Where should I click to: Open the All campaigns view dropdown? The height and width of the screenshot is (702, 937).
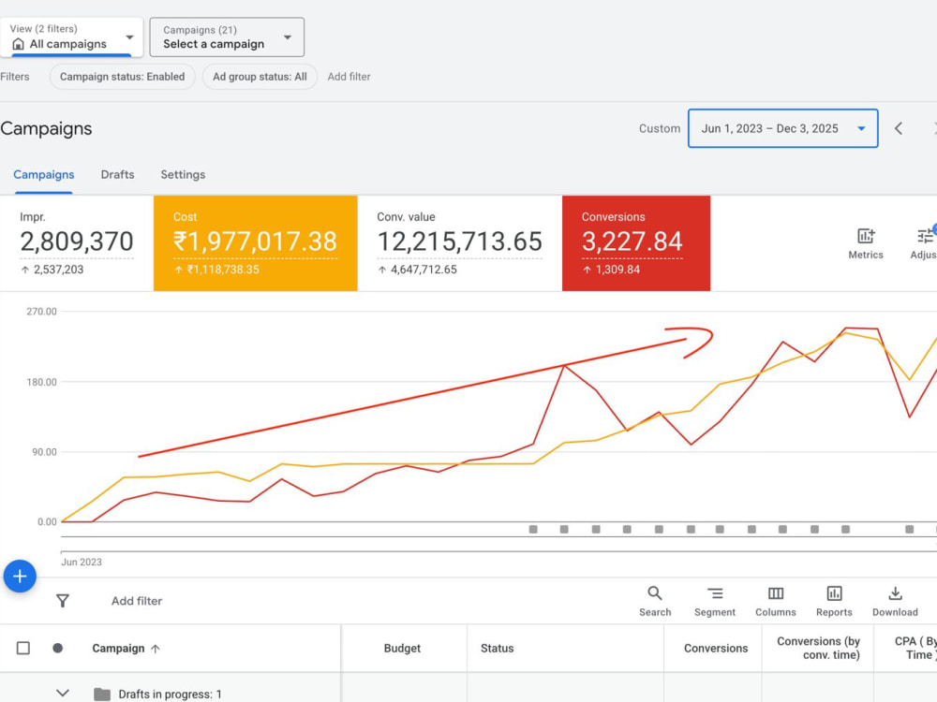[x=71, y=37]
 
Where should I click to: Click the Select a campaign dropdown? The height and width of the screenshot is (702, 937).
[x=227, y=37]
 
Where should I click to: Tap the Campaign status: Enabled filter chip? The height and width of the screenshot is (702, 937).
[x=122, y=77]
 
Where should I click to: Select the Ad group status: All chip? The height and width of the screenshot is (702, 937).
[x=260, y=77]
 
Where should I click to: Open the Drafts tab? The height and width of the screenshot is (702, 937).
[x=118, y=174]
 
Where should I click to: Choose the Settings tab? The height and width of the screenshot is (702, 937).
[x=183, y=174]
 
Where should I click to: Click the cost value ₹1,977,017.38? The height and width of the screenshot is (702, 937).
[x=255, y=241]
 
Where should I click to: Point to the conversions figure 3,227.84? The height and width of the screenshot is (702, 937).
[x=632, y=241]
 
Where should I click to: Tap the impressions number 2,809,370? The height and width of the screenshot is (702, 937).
[x=77, y=241]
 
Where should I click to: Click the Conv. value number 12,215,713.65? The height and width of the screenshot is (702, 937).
[x=459, y=241]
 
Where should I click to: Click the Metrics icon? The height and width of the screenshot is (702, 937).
[x=866, y=237]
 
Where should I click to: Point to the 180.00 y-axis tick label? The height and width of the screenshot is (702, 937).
[x=42, y=382]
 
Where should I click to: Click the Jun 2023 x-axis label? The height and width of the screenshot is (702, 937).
[x=82, y=562]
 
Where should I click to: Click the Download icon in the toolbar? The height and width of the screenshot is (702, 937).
[x=895, y=593]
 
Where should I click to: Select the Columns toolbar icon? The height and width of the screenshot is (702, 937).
[x=776, y=593]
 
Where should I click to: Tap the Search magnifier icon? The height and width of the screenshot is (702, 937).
[x=655, y=593]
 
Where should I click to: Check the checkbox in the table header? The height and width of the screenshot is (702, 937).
[x=23, y=649]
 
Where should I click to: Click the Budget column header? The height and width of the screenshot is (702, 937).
[x=402, y=649]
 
